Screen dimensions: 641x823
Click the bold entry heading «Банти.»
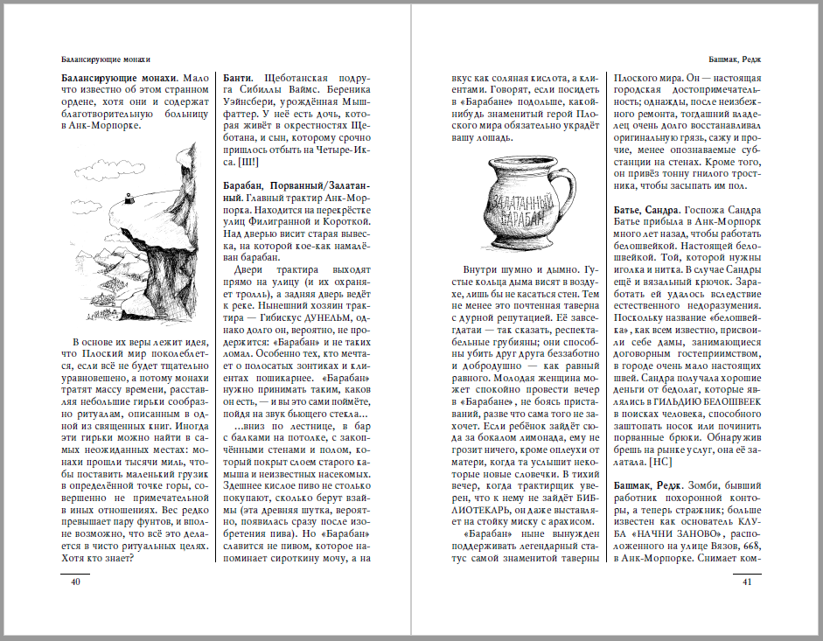coord(239,77)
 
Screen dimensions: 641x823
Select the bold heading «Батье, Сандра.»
coord(645,210)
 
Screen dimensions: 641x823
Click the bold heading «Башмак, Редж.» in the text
coord(649,485)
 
